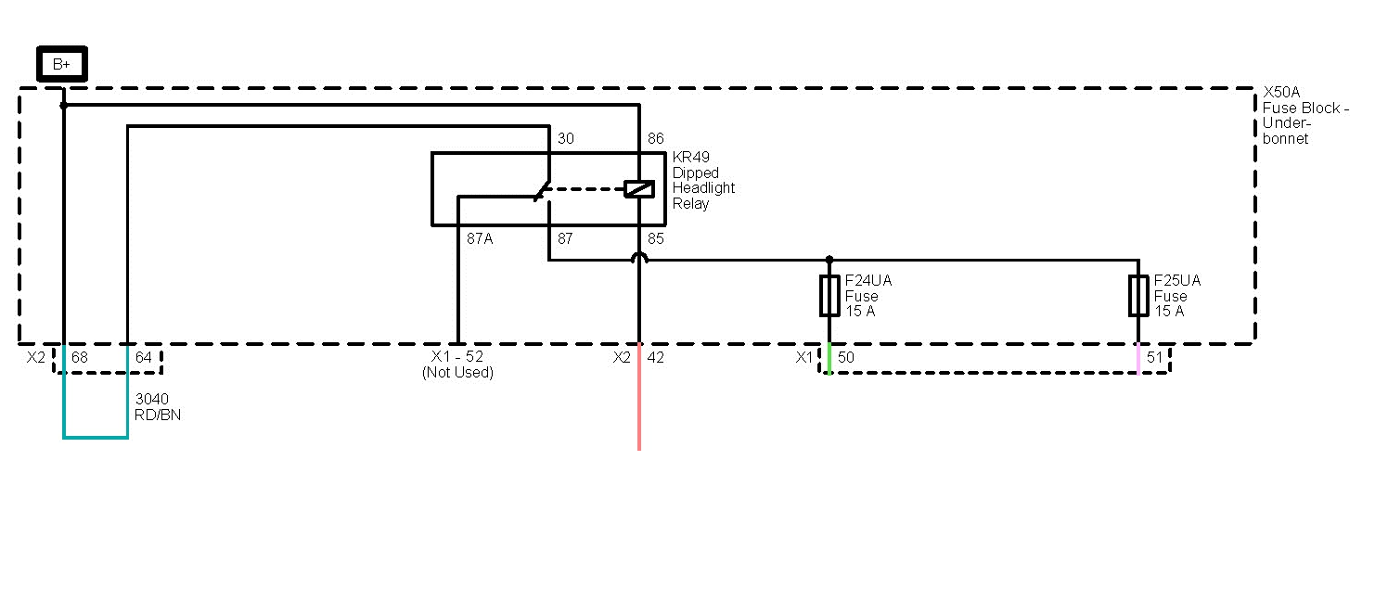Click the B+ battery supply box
tap(61, 64)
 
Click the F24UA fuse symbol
tap(829, 296)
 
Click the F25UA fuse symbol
tap(1138, 296)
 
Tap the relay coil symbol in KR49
tap(639, 188)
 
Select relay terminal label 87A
tap(480, 238)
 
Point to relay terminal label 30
tap(566, 139)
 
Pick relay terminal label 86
tap(656, 139)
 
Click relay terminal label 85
tap(656, 238)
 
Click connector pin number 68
tap(81, 357)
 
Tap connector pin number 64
tap(144, 357)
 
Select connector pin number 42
tap(656, 357)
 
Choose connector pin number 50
tap(846, 357)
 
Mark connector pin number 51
tap(1155, 357)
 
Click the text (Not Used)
tap(457, 373)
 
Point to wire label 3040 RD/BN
tap(158, 407)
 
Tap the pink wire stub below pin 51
tap(1138, 360)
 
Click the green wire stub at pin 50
tap(829, 360)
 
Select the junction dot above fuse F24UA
tap(829, 260)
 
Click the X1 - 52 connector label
tap(457, 357)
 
